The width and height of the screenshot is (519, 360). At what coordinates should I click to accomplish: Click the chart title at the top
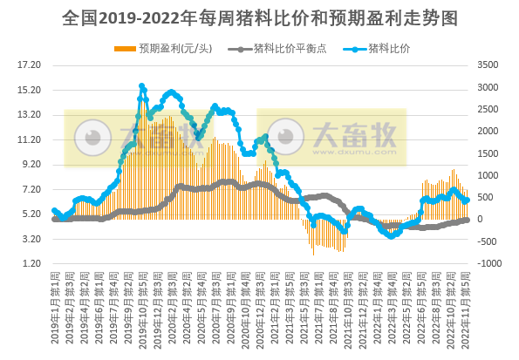click(259, 17)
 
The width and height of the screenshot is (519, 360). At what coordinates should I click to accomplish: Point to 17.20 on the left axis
click(30, 65)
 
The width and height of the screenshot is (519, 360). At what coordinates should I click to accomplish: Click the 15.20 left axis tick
click(30, 90)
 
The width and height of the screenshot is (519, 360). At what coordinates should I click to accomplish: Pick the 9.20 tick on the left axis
click(31, 164)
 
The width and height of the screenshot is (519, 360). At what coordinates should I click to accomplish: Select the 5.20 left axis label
click(31, 214)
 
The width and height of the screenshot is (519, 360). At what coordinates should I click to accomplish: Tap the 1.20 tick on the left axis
click(31, 263)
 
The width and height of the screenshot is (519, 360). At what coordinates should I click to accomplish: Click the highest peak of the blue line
click(141, 86)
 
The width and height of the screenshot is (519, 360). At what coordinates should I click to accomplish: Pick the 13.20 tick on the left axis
click(30, 114)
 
